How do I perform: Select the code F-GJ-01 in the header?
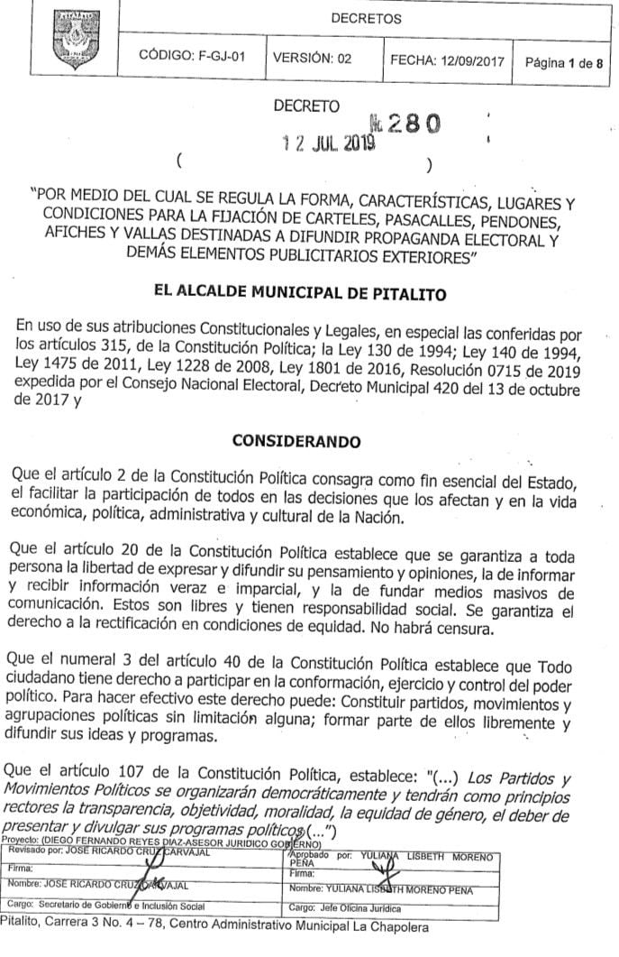click(192, 56)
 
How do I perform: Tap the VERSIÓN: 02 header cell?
click(312, 56)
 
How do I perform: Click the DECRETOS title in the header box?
click(366, 18)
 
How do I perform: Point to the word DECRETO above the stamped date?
click(307, 106)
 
